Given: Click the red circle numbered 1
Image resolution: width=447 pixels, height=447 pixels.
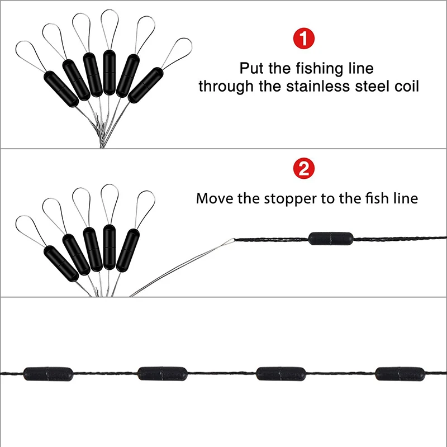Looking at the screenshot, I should (x=304, y=40).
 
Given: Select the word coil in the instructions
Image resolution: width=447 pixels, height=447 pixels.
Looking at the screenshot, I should (x=407, y=87).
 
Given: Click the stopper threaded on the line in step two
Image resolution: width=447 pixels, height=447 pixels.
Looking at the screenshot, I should (x=330, y=237).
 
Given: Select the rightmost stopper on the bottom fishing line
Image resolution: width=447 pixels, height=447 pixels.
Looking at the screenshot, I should (x=400, y=372).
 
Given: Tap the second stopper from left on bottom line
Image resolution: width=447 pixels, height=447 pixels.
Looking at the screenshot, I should (x=162, y=372).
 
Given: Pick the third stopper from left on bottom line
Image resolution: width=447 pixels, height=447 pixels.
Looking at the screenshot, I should (x=280, y=372).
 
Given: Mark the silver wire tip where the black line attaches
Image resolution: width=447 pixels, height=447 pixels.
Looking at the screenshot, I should (x=231, y=241).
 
